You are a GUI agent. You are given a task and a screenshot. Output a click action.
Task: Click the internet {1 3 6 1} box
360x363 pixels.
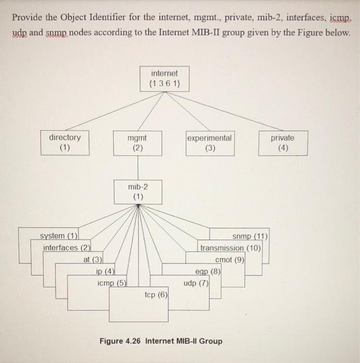[164, 78]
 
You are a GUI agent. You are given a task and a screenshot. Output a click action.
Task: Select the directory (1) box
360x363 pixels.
[65, 143]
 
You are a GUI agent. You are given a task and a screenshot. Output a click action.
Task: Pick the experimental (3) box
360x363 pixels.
[210, 143]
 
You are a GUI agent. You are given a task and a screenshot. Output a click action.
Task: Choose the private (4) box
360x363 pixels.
[282, 143]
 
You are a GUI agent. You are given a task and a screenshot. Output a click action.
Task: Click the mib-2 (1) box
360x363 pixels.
[137, 191]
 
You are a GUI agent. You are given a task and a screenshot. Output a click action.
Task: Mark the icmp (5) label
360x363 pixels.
[112, 283]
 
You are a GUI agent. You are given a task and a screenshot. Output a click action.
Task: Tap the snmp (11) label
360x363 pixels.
[250, 237]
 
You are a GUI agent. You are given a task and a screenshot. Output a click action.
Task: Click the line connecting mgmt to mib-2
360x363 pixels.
[137, 167]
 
